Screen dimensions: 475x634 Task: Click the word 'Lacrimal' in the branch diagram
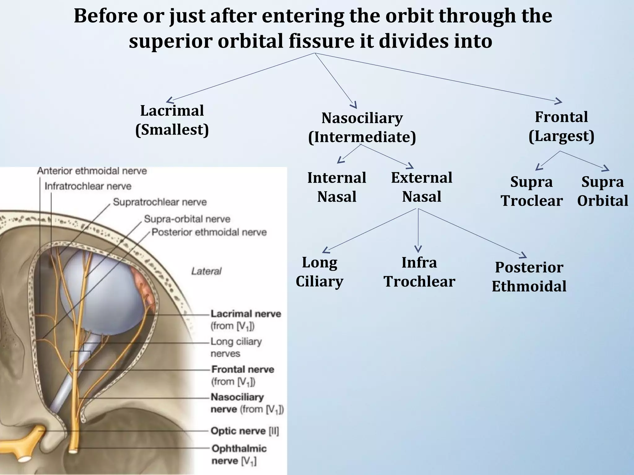coord(172,111)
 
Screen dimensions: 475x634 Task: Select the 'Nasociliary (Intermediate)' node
coord(362,127)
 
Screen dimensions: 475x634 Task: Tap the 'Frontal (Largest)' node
coord(561,126)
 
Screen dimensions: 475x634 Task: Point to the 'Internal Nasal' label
coord(337,187)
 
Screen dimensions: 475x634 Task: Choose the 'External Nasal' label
coord(421,187)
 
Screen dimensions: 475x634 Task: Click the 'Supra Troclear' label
coord(532,191)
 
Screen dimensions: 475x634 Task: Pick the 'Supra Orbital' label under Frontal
coord(602,191)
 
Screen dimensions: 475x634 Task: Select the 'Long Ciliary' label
coord(319,272)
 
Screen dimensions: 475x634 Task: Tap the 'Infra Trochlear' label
coord(419,272)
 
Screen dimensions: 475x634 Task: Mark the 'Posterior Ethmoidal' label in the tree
coord(529,277)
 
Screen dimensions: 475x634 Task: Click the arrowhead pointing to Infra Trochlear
coord(418,249)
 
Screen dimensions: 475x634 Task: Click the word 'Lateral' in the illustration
coord(206,272)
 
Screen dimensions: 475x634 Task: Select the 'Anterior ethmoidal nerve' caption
coord(92,171)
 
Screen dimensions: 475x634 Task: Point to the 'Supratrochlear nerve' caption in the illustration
coord(159,202)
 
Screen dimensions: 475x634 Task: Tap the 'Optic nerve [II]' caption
coord(245,431)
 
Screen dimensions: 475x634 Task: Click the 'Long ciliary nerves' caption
coord(236,347)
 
